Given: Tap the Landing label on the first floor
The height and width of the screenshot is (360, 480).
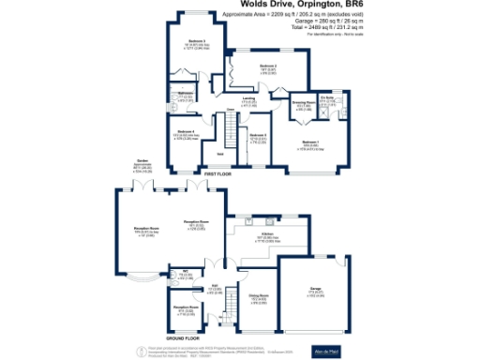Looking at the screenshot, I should tap(248, 99).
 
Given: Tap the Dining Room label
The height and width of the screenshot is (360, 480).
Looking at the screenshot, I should tap(259, 297).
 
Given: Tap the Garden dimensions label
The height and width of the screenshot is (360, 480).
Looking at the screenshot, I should tap(142, 165).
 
